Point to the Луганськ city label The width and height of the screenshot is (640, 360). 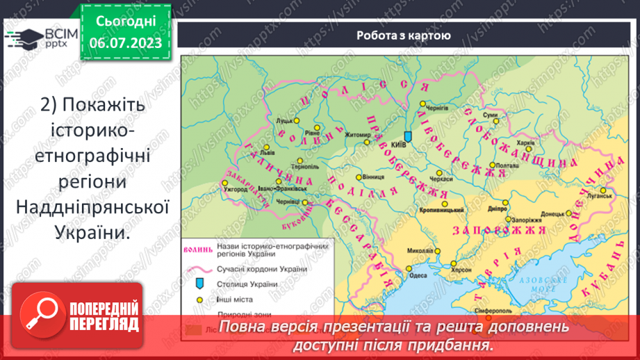click(598, 197)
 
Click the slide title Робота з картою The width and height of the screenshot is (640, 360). click(403, 36)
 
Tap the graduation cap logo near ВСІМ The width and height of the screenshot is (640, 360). click(23, 38)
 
